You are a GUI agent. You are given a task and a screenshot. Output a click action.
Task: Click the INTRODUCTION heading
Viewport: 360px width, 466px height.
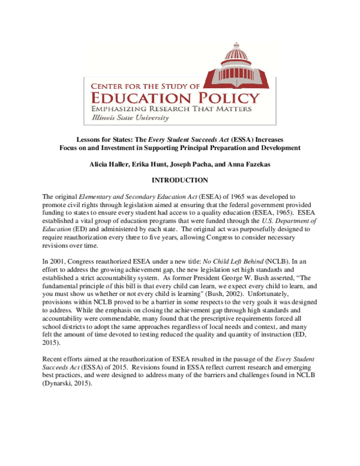point(179,180)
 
